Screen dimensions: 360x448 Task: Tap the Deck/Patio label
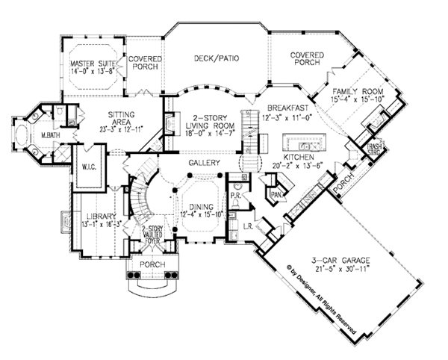[x=217, y=55]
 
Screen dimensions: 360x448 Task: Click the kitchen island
[x=302, y=143]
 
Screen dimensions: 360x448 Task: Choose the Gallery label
[x=202, y=162]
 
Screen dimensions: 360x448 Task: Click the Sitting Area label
[x=120, y=117]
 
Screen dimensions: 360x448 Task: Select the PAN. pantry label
[x=275, y=193]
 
